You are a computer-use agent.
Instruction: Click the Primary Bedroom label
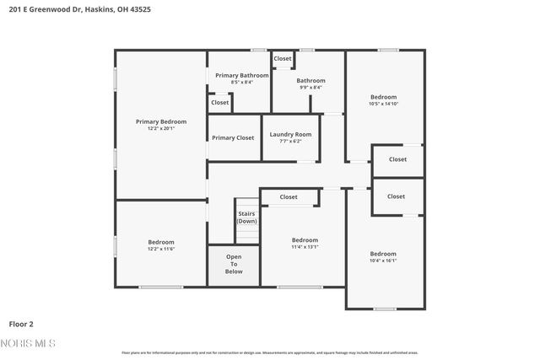tap(161, 121)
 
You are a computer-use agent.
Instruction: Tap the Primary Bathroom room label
tap(241, 75)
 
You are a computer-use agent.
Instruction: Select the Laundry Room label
tap(290, 134)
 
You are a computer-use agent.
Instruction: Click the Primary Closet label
tap(233, 137)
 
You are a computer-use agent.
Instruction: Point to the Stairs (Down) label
tap(246, 217)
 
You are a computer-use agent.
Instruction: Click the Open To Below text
tap(234, 264)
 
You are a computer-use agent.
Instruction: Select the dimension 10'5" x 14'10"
tap(383, 104)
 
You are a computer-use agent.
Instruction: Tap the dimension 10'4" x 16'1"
tap(383, 261)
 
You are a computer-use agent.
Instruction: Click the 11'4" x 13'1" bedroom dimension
tap(305, 247)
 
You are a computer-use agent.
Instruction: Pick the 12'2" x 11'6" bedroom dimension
tap(161, 249)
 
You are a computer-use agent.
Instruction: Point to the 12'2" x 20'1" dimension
tap(161, 128)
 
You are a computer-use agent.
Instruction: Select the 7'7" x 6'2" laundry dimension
tap(290, 141)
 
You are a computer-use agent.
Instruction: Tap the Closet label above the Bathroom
tap(283, 58)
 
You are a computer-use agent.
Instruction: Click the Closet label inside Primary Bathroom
tap(220, 102)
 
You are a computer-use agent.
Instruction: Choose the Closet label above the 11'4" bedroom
tap(289, 196)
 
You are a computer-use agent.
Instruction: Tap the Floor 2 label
tap(21, 323)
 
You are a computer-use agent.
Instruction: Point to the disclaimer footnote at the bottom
tap(269, 352)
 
